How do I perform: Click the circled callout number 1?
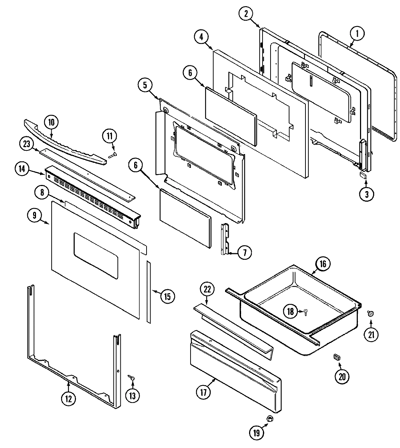pyautogui.click(x=357, y=34)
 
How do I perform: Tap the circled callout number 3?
pyautogui.click(x=366, y=194)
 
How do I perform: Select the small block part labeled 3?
pyautogui.click(x=363, y=175)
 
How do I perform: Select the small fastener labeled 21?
pyautogui.click(x=370, y=314)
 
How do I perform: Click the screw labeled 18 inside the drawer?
pyautogui.click(x=305, y=311)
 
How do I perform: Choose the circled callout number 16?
pyautogui.click(x=323, y=264)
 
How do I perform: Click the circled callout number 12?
pyautogui.click(x=69, y=399)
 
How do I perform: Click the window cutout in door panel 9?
pyautogui.click(x=96, y=256)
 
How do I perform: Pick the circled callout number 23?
pyautogui.click(x=26, y=144)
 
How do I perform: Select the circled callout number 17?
pyautogui.click(x=203, y=392)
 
